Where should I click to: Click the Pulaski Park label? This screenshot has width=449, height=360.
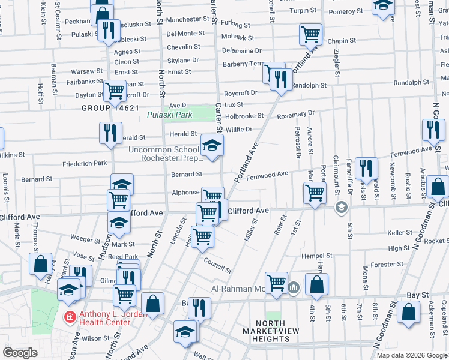pos(170,114)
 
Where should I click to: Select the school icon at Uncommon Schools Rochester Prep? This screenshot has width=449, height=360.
pos(211,145)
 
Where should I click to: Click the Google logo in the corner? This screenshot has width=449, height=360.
pos(20,353)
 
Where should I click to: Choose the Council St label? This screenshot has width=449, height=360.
pos(217,266)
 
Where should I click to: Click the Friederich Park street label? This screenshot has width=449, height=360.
pos(85,163)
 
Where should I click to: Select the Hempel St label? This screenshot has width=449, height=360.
pos(313,255)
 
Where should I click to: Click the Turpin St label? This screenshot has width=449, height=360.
pos(302,11)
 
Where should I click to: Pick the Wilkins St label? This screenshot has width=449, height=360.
pos(12,154)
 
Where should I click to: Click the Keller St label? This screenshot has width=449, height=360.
pos(400,232)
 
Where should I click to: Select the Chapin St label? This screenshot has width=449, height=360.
pos(342,41)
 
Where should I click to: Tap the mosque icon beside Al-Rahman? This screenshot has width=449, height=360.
pos(294,287)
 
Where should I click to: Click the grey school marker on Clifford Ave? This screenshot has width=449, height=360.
pos(342,208)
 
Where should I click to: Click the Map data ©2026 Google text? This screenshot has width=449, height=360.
pos(411,355)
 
